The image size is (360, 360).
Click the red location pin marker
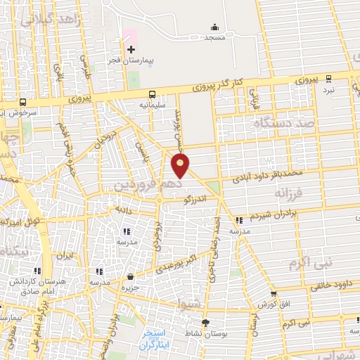(181, 166)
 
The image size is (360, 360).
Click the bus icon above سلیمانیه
(151, 94)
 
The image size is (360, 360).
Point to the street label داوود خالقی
(330, 286)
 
